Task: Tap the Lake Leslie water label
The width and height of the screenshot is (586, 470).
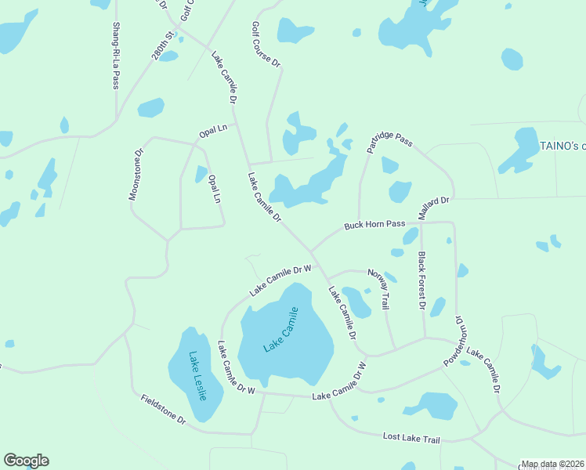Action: click(197, 376)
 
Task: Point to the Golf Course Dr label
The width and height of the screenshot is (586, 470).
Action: click(266, 46)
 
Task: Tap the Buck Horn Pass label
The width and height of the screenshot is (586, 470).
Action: click(374, 225)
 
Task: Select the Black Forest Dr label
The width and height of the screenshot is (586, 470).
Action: click(421, 280)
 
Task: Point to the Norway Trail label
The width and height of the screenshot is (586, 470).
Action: click(378, 290)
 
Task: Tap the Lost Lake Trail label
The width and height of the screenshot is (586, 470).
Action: click(412, 438)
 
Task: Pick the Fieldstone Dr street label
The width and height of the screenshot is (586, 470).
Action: click(163, 410)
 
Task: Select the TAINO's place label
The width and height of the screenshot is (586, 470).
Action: click(562, 146)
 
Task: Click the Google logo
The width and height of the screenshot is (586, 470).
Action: click(26, 461)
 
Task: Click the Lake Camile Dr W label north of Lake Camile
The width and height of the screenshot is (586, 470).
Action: click(280, 280)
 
